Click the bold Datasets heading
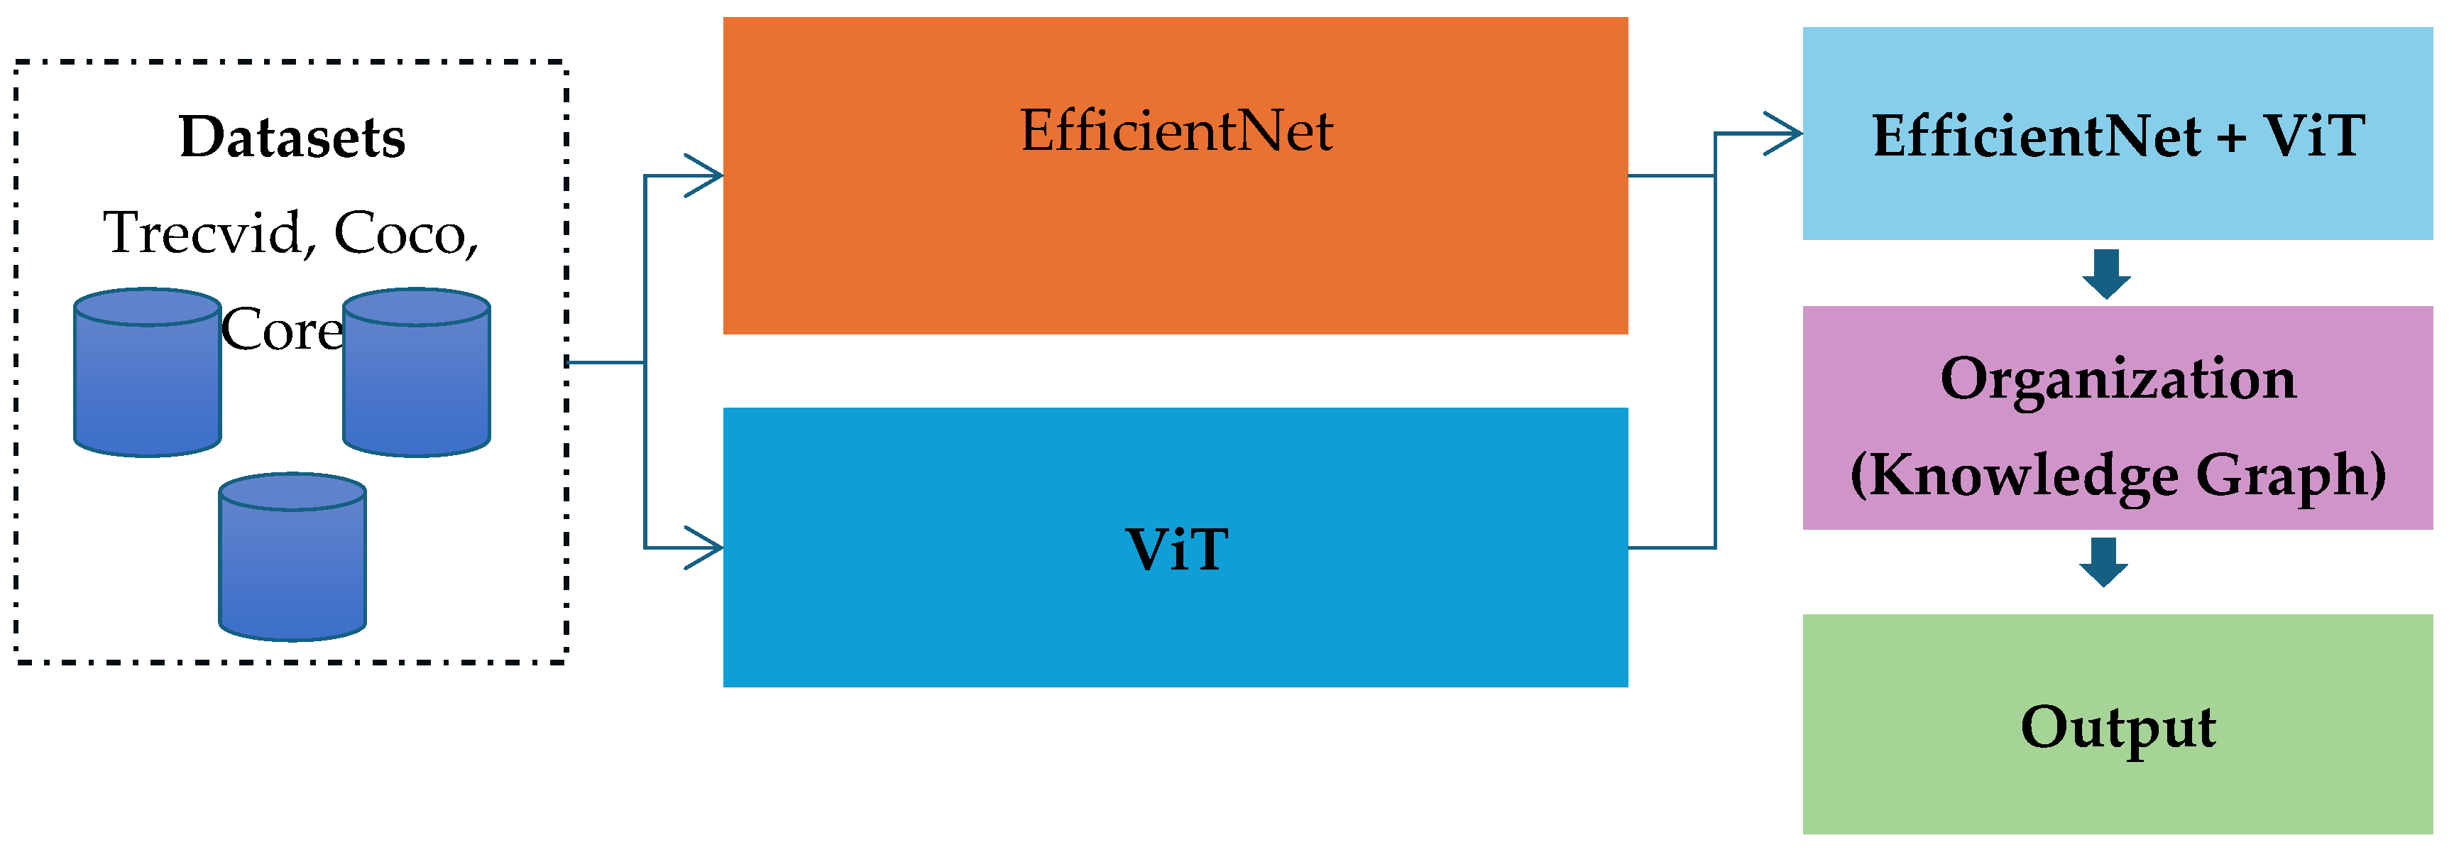(x=292, y=137)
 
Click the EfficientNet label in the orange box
(x=1176, y=131)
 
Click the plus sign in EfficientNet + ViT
(x=2231, y=137)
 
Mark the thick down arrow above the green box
(x=2103, y=562)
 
